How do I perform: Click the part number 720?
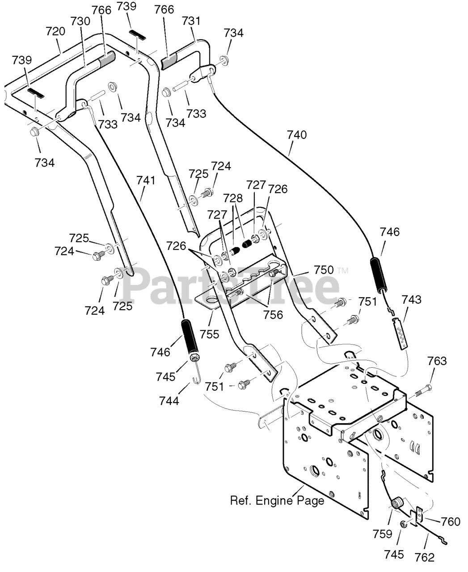[55, 31]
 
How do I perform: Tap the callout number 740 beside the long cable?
[297, 135]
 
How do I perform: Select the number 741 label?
[146, 181]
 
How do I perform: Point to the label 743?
[412, 300]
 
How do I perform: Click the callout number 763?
[437, 361]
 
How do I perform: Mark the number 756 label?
[273, 315]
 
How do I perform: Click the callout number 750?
[324, 270]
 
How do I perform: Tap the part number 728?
[233, 198]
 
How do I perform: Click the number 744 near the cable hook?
[169, 400]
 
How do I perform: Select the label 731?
[191, 21]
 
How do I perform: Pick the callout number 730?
[80, 21]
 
